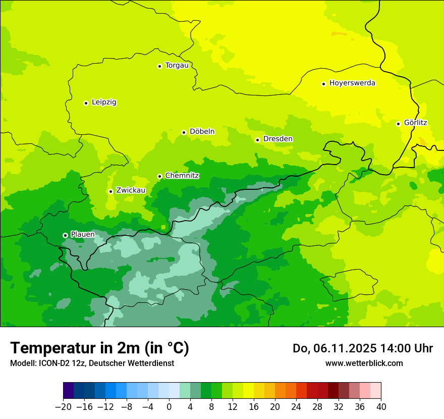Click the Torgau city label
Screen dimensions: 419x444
177,65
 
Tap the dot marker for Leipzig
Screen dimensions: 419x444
86,103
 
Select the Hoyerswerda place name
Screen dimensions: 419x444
352,83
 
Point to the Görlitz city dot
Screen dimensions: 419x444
398,124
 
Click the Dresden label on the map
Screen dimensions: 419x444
277,139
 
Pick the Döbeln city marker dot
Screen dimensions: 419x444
184,132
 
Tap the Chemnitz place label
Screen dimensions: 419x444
182,176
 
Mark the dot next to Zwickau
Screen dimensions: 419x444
110,191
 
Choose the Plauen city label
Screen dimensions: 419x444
83,234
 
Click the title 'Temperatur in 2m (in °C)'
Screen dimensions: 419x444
99,348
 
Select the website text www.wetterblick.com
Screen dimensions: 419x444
364,363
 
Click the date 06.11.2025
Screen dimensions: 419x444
338,348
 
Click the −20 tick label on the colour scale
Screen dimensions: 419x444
63,407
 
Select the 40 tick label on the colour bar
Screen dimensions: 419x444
381,407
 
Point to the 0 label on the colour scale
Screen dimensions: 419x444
169,407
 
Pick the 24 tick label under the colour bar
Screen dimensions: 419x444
296,407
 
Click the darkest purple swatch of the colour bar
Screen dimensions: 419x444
68,391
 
